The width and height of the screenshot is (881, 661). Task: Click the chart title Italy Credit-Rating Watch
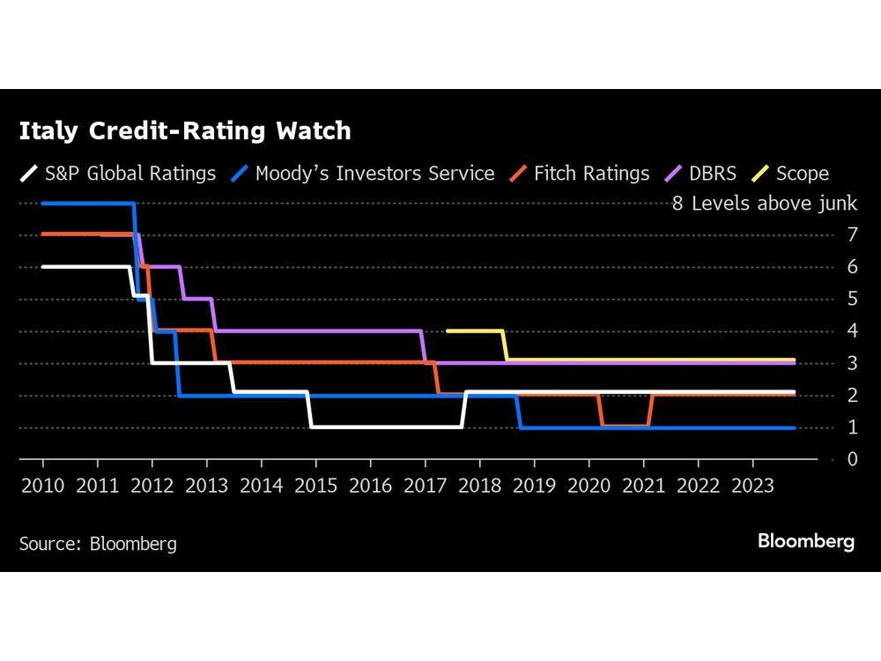[x=185, y=131]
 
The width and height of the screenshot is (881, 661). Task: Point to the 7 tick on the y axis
[x=852, y=235]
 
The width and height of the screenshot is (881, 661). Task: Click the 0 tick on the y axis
[x=852, y=459]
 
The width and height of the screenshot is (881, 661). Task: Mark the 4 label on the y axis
[x=852, y=331]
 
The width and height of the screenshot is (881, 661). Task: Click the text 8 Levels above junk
[x=764, y=204]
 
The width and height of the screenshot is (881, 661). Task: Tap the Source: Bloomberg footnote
[x=98, y=543]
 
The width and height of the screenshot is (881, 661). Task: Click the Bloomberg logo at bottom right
[x=805, y=542]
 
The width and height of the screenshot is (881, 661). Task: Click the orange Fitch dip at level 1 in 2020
[x=626, y=427]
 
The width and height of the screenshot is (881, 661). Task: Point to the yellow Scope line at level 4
[x=476, y=330]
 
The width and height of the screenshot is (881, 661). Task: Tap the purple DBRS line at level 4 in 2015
[x=317, y=330]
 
